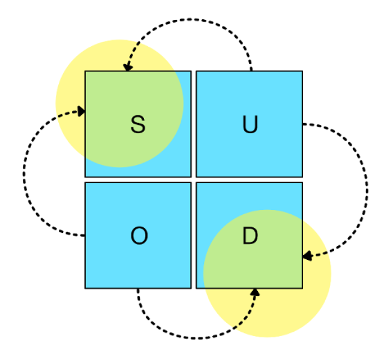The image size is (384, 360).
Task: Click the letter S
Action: [x=138, y=125]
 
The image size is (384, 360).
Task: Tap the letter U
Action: [x=250, y=125]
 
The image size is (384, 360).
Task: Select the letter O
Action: [x=139, y=236]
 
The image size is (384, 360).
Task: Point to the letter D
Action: [x=250, y=236]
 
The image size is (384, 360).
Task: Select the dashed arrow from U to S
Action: [x=189, y=20]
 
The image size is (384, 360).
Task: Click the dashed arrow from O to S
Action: [x=25, y=174]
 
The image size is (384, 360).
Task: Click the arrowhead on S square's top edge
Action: [x=127, y=68]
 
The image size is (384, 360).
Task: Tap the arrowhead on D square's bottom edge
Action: [x=254, y=292]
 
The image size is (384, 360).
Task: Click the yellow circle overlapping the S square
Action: [x=69, y=90]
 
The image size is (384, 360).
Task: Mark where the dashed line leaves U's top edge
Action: [x=251, y=70]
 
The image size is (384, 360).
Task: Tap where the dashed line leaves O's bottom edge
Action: [x=138, y=290]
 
